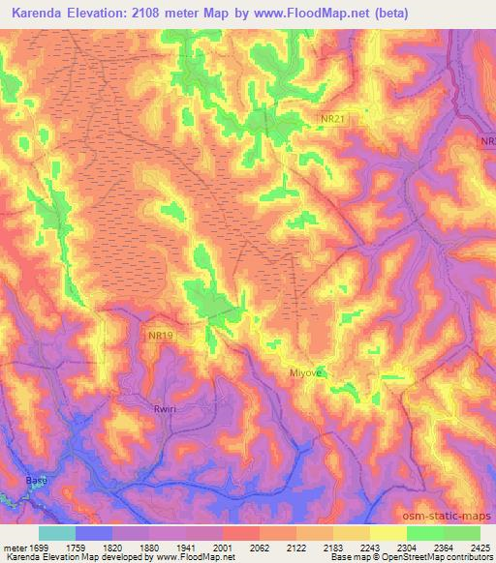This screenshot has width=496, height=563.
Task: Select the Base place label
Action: point(36,481)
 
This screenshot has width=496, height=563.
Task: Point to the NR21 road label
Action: point(333,119)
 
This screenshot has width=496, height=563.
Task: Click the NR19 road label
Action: point(161,335)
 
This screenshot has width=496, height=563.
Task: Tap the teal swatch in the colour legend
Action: point(57,533)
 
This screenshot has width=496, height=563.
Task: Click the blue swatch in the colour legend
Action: point(94,533)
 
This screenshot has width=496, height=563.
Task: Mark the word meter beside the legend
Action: point(14,548)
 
